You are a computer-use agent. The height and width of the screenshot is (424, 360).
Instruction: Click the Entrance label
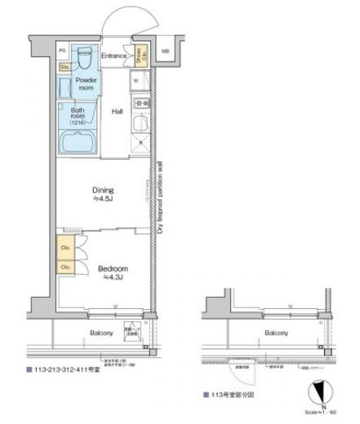pyautogui.click(x=114, y=56)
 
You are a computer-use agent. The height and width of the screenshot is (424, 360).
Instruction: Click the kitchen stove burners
pyautogui.click(x=139, y=104)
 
